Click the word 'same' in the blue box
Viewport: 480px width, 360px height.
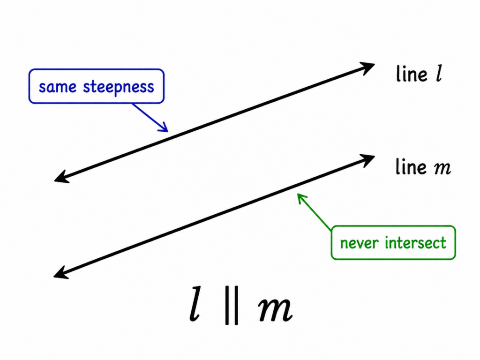click(58, 87)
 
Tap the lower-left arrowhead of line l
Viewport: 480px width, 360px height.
click(61, 178)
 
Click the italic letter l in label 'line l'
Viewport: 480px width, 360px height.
click(439, 74)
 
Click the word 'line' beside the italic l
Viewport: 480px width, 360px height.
click(412, 74)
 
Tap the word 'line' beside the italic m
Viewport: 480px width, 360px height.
click(411, 167)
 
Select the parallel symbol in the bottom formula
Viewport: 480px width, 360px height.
click(232, 305)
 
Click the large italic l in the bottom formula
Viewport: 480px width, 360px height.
click(195, 304)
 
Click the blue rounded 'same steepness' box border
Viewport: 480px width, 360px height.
click(97, 69)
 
